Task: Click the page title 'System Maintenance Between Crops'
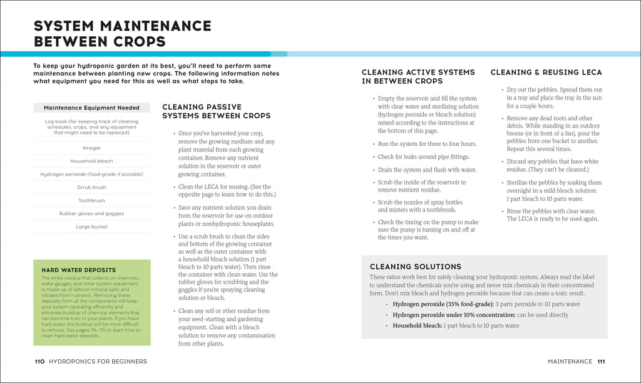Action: click(122, 34)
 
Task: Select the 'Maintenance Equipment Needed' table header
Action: click(91, 108)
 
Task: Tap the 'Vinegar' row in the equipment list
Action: click(91, 148)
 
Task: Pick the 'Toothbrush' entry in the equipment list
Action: click(91, 200)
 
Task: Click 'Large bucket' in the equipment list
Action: click(91, 227)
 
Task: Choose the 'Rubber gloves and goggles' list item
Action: click(91, 213)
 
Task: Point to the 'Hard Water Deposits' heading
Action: click(70, 270)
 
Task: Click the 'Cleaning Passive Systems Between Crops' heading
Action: click(216, 111)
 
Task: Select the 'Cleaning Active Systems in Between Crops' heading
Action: click(418, 76)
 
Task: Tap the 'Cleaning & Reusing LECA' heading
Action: click(546, 73)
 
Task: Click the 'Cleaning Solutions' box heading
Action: click(415, 267)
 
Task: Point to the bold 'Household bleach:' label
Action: click(418, 325)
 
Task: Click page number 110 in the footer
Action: click(39, 361)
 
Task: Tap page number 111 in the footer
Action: click(601, 361)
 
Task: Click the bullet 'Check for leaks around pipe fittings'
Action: click(423, 157)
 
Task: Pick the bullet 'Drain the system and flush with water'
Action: click(427, 170)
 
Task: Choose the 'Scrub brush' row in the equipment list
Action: click(91, 187)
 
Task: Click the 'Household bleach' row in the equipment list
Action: click(91, 161)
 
